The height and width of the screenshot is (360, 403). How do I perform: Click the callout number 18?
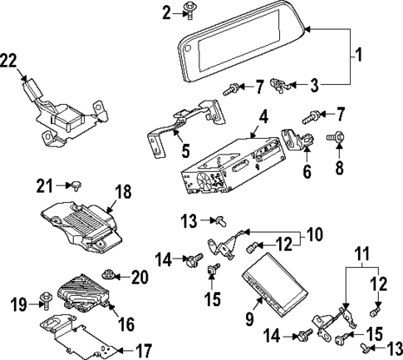pos(122,192)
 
